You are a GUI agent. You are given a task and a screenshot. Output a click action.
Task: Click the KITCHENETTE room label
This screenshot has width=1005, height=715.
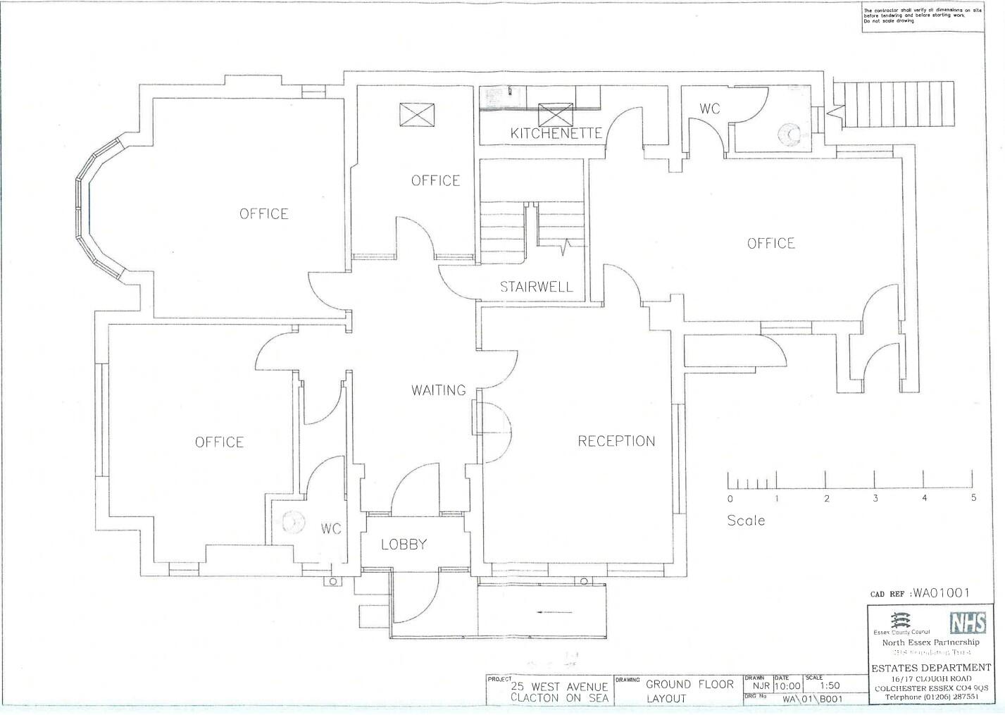point(556,133)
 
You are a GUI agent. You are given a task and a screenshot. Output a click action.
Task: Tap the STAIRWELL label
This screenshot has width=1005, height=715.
point(536,287)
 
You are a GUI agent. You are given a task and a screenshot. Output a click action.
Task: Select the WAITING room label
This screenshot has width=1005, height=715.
point(438,390)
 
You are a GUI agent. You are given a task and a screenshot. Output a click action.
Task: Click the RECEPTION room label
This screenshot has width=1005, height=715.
point(616,441)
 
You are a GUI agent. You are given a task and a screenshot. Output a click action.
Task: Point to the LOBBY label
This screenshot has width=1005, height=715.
point(404,544)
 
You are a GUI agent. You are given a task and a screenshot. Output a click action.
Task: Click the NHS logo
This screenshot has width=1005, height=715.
point(968,623)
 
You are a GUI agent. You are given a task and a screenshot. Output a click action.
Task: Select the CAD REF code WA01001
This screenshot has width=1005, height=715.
point(941,593)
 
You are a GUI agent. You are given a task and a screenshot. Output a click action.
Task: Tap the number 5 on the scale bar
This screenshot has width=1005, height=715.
point(973,498)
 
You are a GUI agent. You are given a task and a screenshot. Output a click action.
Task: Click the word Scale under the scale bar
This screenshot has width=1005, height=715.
point(746,521)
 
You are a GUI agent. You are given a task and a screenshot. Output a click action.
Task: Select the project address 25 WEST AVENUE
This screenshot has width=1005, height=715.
point(559,687)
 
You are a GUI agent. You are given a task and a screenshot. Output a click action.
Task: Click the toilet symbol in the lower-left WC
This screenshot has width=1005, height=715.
point(290,522)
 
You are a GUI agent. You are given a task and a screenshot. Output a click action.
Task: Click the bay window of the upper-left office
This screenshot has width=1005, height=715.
point(95,211)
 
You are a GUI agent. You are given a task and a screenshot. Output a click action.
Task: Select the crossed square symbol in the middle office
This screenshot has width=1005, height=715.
point(417,115)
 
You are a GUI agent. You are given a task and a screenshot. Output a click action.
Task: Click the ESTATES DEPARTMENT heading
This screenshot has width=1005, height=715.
point(930,667)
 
